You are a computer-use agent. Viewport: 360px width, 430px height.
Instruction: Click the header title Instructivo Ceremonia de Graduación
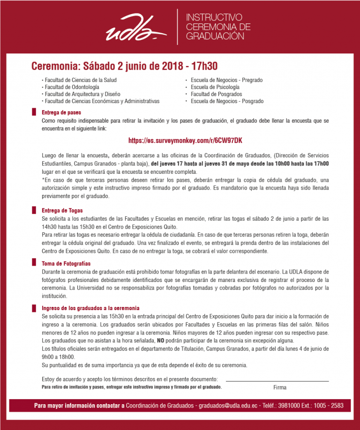[218, 27]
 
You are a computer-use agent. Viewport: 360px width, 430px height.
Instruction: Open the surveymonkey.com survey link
[185, 141]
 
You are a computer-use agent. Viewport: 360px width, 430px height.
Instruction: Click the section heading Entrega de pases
[61, 112]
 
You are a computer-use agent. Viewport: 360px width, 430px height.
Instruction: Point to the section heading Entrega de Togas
[62, 211]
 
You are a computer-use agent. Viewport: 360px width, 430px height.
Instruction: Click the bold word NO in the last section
[161, 340]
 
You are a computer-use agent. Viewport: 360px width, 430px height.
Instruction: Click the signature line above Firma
[277, 381]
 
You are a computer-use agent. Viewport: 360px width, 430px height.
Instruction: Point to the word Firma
[280, 387]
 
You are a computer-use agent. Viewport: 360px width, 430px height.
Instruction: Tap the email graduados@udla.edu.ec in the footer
[228, 405]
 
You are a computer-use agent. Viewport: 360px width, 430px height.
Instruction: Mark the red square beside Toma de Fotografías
[34, 264]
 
